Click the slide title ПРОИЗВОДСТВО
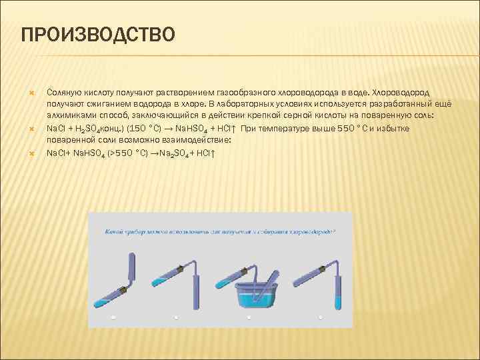pyautogui.click(x=98, y=34)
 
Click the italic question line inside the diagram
pyautogui.click(x=220, y=232)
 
